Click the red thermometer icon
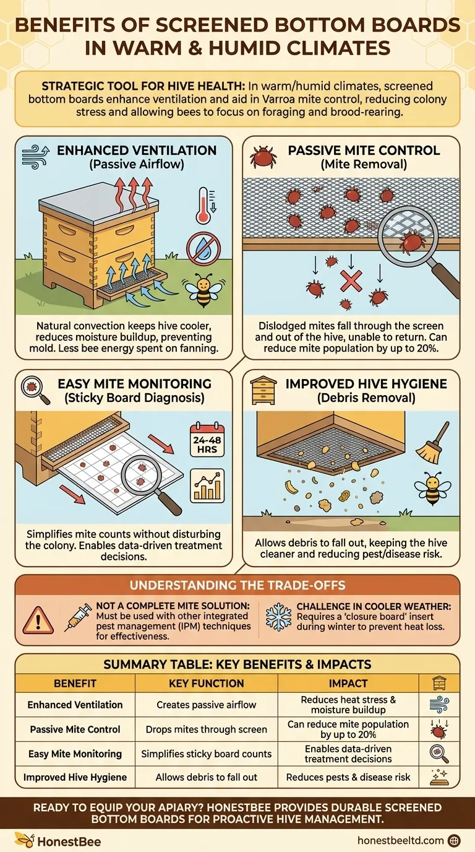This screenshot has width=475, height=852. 203,206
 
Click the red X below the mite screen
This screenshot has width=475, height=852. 351,280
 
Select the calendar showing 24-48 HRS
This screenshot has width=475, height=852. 207,441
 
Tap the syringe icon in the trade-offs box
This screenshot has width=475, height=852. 79,617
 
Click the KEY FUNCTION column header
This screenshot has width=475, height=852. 206,684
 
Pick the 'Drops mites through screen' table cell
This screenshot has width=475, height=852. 206,729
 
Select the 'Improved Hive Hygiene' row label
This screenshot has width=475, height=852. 75,776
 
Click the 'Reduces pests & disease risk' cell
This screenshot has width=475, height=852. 348,776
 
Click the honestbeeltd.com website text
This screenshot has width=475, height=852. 400,840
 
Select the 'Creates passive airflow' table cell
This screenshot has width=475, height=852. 206,705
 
